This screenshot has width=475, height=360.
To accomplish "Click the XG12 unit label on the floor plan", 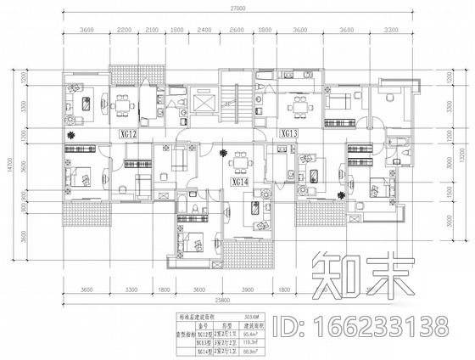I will click(128, 134).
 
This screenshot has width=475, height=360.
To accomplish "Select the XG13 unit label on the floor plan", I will click(288, 133).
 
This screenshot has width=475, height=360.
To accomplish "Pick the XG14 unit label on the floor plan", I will click(238, 181).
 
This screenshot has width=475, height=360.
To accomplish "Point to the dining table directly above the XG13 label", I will click(297, 105).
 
